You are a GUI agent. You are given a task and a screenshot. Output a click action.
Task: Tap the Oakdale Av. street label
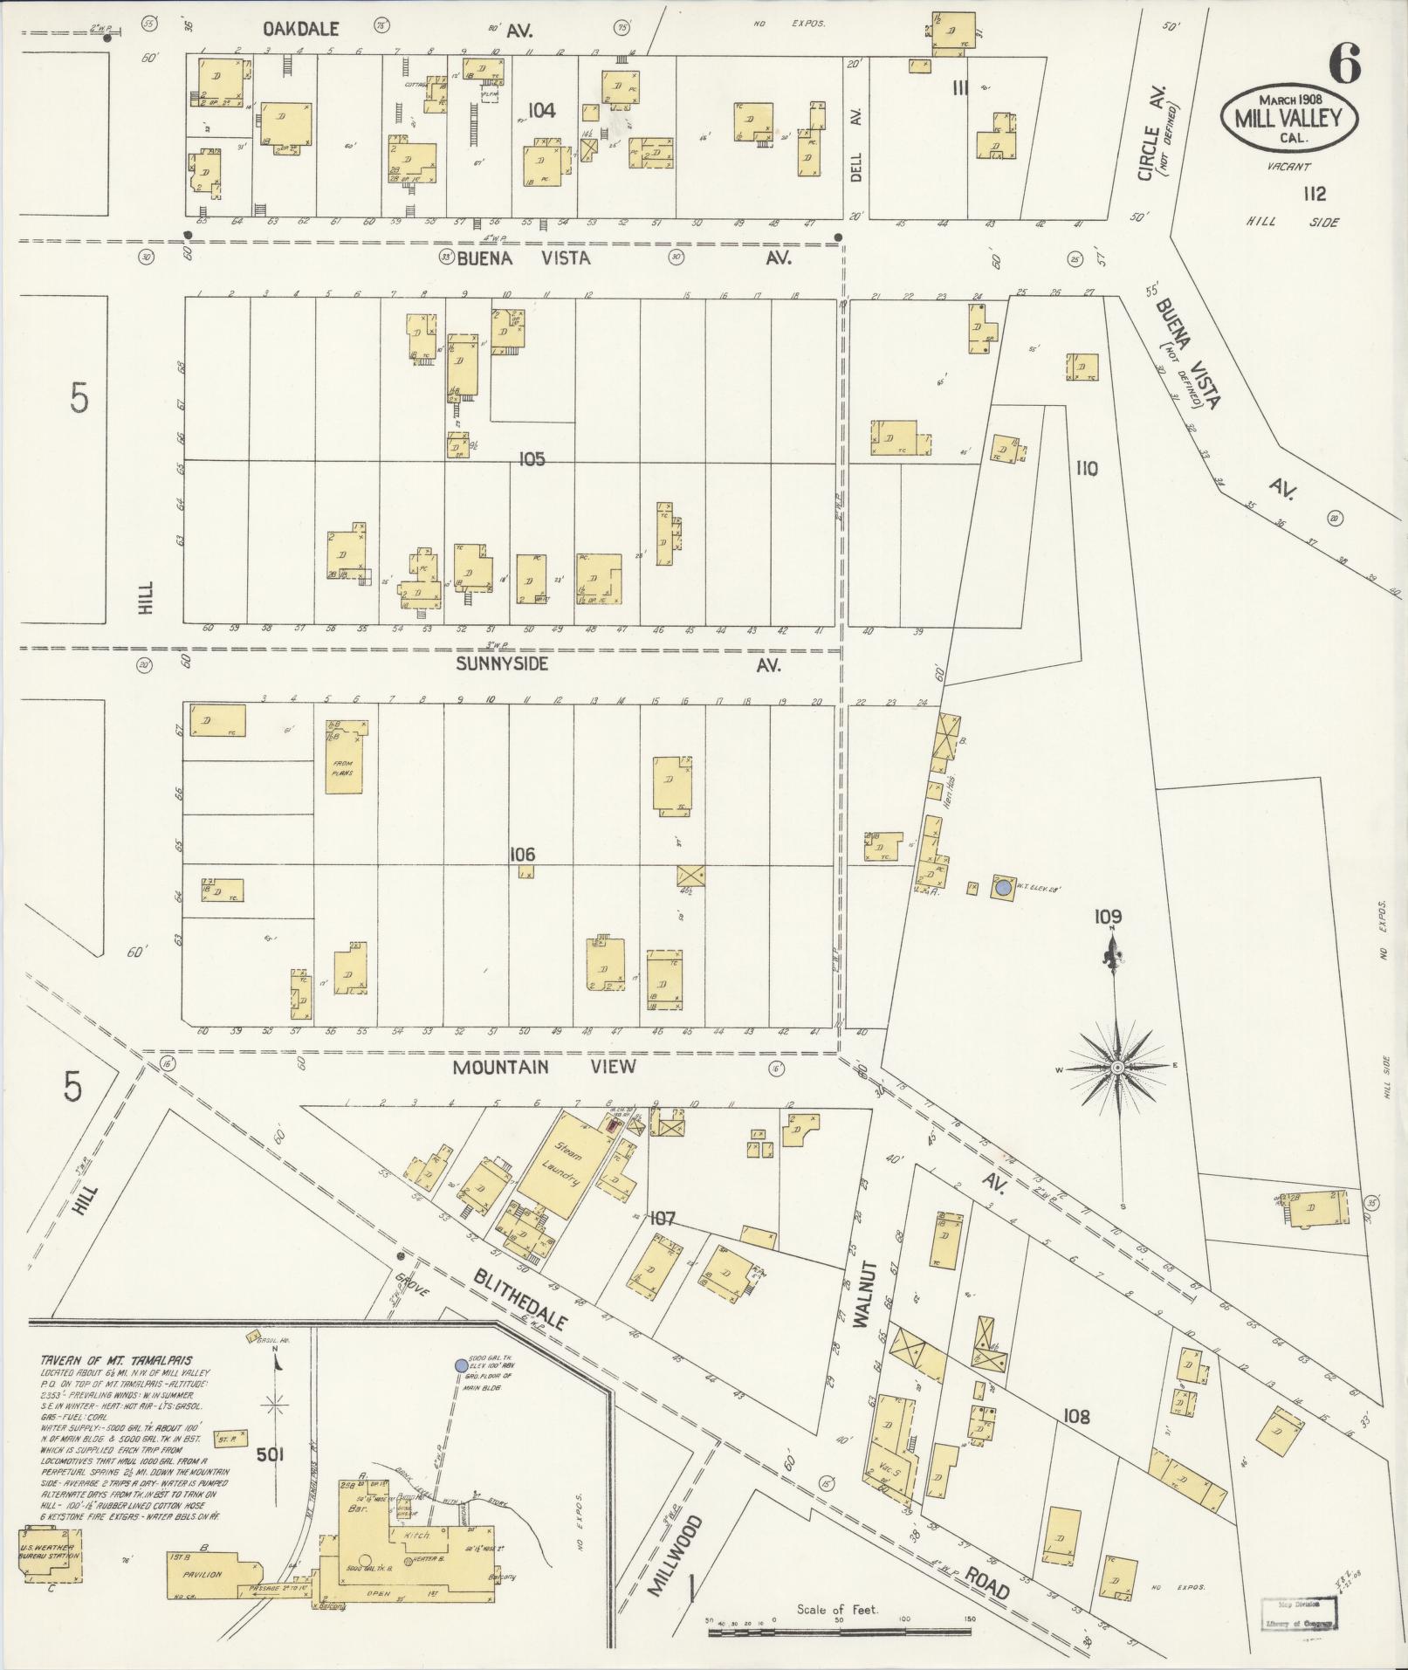point(301,30)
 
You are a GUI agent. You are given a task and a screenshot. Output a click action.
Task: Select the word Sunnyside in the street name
point(502,663)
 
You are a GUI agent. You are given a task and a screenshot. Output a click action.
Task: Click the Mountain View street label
point(543,1067)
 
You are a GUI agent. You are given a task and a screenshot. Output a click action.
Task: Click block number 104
point(541,110)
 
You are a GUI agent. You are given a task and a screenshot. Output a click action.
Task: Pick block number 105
point(532,459)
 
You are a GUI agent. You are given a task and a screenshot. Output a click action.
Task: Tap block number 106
point(523,855)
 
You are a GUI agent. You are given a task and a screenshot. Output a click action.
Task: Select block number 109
point(1108,917)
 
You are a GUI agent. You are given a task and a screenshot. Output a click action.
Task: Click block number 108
point(1076,1416)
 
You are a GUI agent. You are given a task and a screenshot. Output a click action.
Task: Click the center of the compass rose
point(1116,1068)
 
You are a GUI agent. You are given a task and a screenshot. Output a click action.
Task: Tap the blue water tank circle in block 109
point(1003,887)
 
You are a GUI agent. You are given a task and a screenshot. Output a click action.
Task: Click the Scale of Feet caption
point(837,1609)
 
